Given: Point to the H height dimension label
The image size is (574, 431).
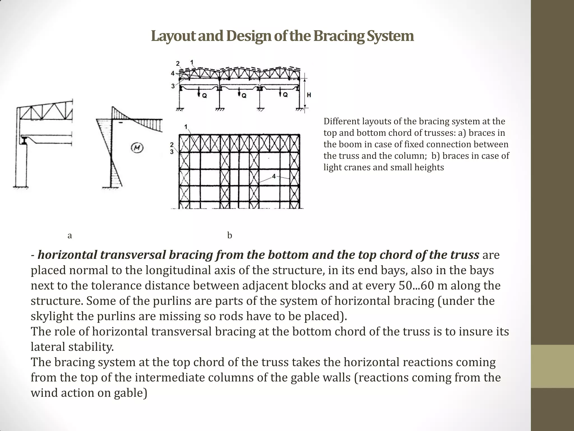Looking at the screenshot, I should (x=309, y=95).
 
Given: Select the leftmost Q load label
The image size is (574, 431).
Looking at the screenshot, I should (x=205, y=96).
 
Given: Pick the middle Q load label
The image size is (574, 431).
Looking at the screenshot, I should (x=244, y=96).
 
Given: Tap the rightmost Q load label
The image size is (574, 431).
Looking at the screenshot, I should (x=285, y=95).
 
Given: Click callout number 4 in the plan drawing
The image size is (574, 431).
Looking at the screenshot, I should (x=274, y=176).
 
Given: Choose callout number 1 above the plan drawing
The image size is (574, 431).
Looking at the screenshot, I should (x=186, y=127).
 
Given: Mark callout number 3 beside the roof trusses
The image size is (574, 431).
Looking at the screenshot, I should (x=173, y=86).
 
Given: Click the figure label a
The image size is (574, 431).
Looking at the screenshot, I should (x=70, y=235).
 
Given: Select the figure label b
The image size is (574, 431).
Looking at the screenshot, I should (x=230, y=235).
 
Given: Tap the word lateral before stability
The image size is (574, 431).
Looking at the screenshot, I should (x=48, y=347).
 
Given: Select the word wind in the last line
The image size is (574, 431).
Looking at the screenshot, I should (x=44, y=393).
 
